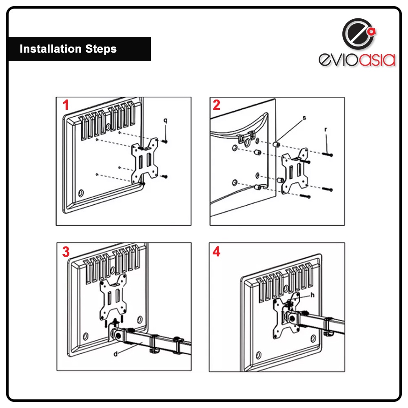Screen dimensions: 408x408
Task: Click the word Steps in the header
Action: point(101,49)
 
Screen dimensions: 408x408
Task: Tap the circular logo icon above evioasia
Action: point(359,34)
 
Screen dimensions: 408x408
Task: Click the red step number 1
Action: point(66,105)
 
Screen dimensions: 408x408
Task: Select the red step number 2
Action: point(217,105)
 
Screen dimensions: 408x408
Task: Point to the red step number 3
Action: point(66,252)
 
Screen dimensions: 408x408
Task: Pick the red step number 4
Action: point(217,252)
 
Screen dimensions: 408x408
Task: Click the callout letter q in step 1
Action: point(166,121)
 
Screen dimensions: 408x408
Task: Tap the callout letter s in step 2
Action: point(304,118)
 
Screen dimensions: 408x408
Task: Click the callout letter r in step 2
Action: point(326,129)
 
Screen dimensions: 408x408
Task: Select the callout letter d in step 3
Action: point(115,354)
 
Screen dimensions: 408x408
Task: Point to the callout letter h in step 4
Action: point(313,295)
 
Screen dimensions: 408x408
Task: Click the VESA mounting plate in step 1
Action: point(145,161)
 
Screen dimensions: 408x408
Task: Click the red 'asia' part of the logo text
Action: point(377,60)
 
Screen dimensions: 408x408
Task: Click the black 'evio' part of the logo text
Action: point(338,60)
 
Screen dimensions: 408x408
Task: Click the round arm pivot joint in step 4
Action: point(291,317)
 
